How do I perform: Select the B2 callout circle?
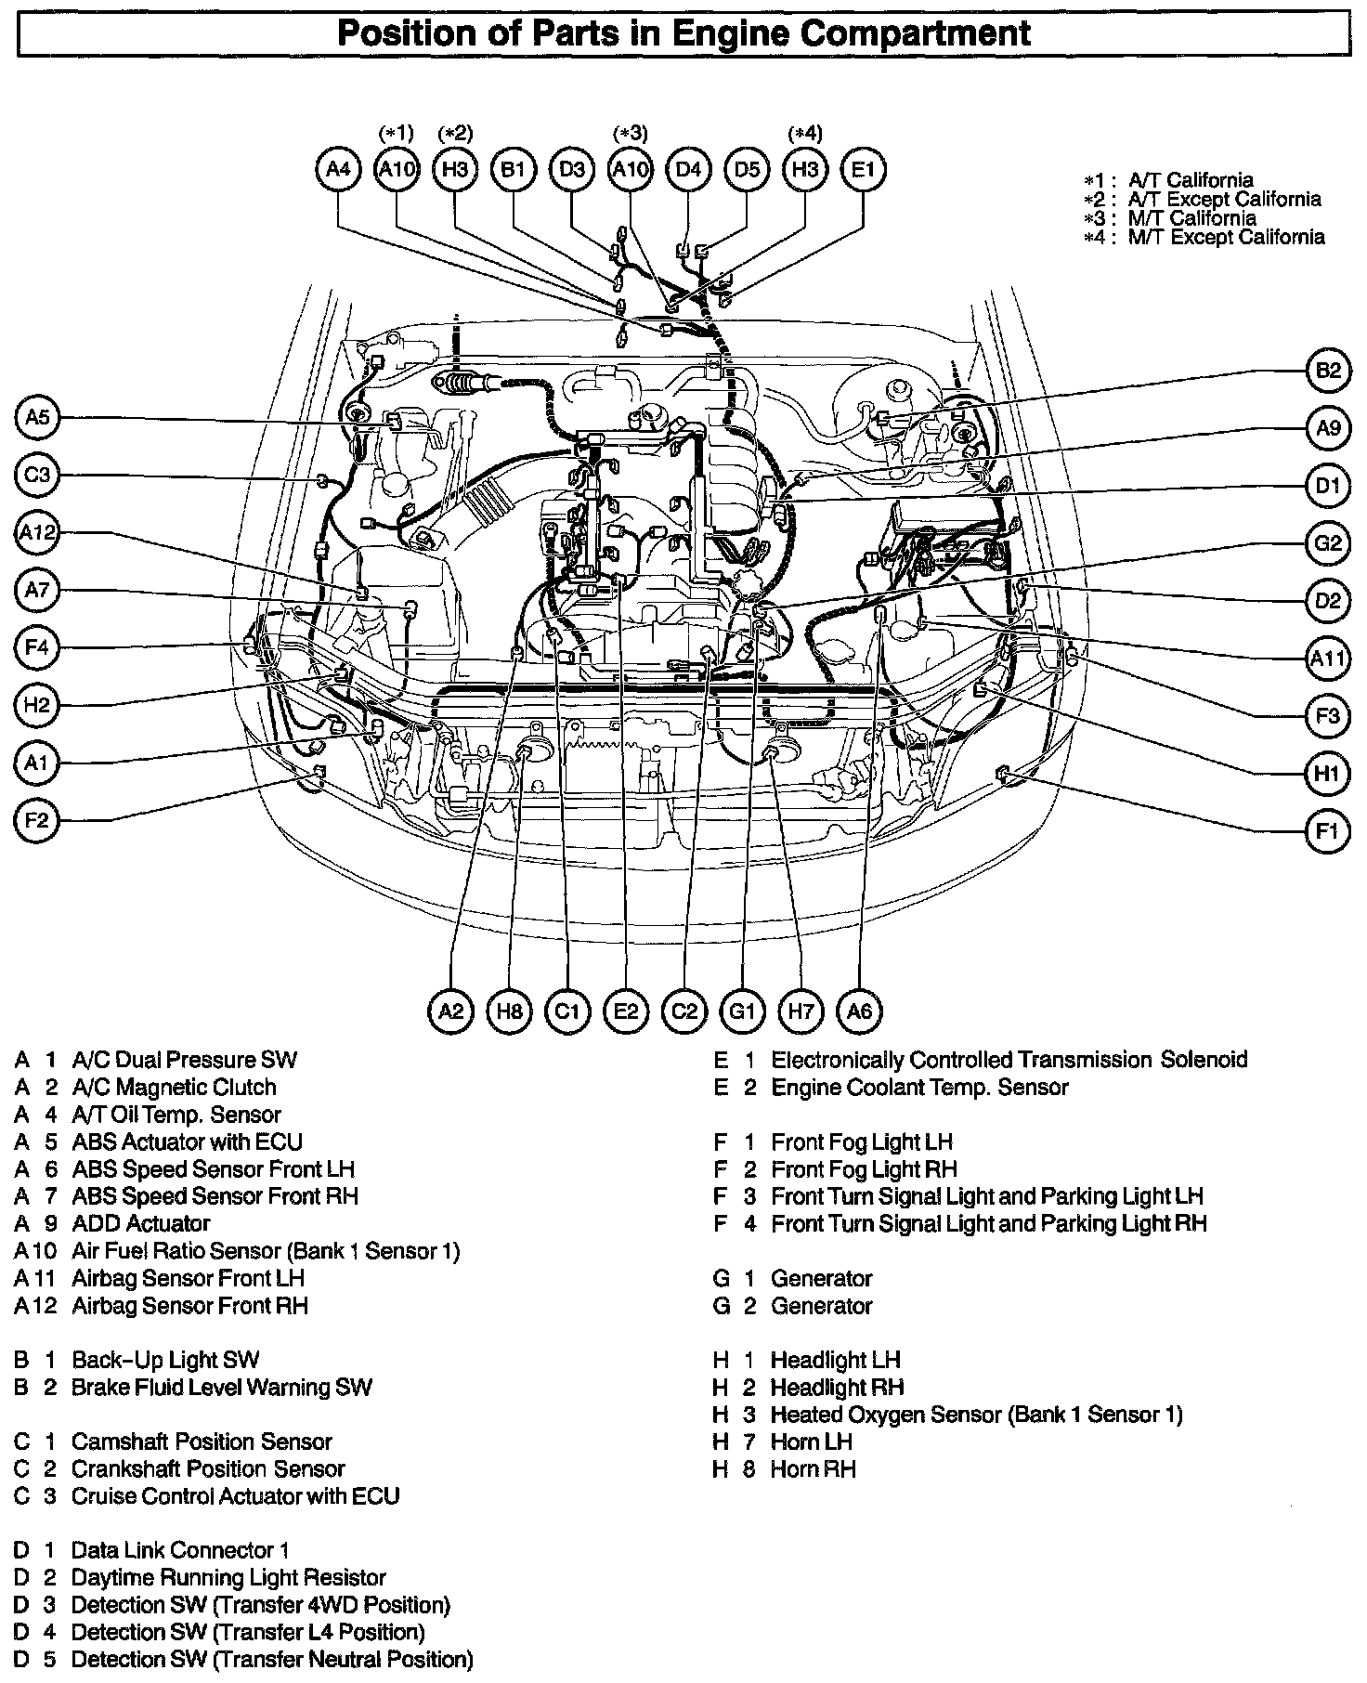point(1328,371)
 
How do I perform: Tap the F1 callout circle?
point(1328,830)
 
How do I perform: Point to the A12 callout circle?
point(37,533)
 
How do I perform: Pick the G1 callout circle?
point(742,1011)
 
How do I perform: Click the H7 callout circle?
point(801,1011)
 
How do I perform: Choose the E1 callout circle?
point(863,170)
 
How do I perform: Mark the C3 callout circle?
point(37,476)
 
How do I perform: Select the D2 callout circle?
point(1328,601)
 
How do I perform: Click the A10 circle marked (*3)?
point(631,170)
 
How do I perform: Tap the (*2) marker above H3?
point(455,133)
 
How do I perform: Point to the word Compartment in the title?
point(913,33)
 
